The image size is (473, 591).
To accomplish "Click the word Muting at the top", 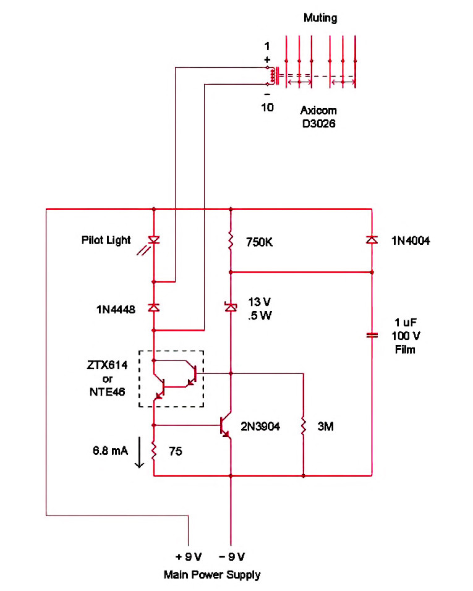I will tap(320, 18).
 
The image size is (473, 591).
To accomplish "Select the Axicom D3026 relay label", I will tap(319, 117).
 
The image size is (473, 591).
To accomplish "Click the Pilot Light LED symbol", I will tap(153, 240).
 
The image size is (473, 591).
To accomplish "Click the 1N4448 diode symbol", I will tap(153, 307).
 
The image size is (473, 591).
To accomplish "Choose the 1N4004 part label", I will tap(410, 241).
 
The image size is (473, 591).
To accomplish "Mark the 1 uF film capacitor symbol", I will tap(372, 335).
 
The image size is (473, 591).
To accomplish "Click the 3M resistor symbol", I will tap(304, 426).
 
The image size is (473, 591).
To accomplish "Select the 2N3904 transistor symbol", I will tap(225, 426).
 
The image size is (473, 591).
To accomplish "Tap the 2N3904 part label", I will tap(260, 426).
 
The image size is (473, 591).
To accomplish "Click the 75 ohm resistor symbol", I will tap(153, 451).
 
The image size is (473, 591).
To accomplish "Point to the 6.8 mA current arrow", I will tap(139, 453).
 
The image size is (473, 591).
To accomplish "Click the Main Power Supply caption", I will tap(211, 574).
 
